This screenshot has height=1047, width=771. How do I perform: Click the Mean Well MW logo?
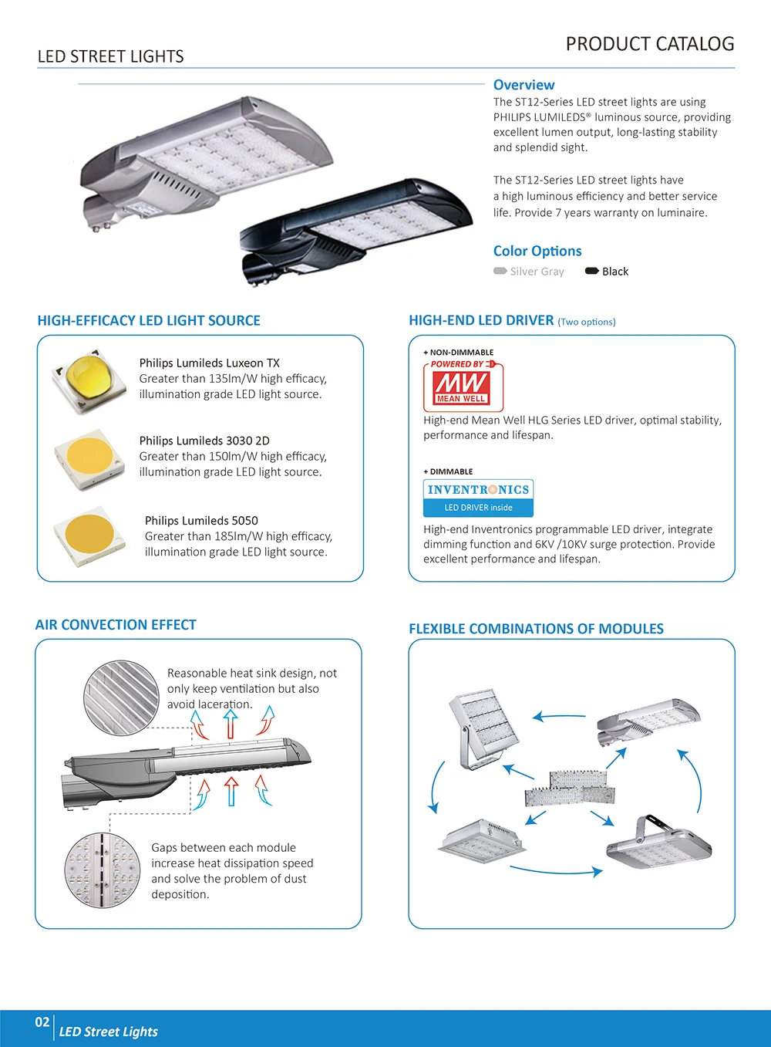(x=462, y=385)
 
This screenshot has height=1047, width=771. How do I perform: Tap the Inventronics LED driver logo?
(x=478, y=498)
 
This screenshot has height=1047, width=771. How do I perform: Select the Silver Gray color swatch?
(x=500, y=271)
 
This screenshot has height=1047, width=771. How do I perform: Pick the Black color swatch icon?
(x=592, y=271)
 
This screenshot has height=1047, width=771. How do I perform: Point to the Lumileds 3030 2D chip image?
(x=89, y=458)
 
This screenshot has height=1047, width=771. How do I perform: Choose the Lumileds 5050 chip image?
(x=89, y=536)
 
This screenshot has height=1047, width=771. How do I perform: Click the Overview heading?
(x=524, y=85)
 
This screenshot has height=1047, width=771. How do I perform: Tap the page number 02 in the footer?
(x=42, y=1022)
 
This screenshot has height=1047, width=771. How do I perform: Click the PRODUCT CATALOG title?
(x=649, y=44)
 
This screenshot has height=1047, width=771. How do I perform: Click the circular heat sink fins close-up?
(x=121, y=697)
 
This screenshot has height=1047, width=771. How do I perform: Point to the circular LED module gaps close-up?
(x=102, y=870)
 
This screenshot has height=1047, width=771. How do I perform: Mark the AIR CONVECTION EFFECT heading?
(x=116, y=625)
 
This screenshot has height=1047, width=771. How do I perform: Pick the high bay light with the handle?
(x=659, y=843)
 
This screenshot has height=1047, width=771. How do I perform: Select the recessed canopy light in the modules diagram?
(x=477, y=838)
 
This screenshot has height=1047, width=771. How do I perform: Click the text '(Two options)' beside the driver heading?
(x=587, y=322)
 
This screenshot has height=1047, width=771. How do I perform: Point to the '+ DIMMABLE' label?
(x=448, y=471)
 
